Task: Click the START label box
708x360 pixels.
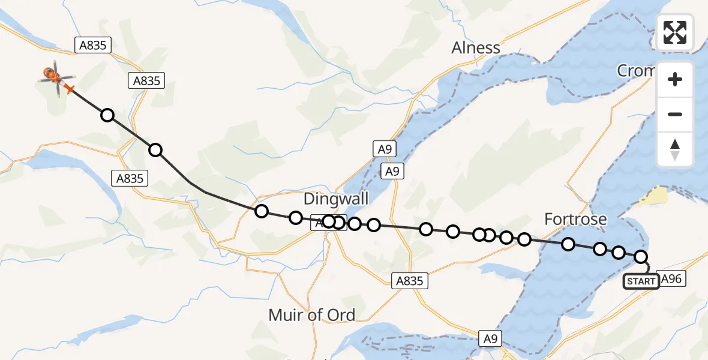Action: point(641,281)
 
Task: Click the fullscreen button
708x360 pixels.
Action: point(675,32)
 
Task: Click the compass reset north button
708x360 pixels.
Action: point(675,149)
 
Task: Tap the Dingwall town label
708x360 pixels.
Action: point(336,199)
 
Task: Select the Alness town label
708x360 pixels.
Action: point(476,47)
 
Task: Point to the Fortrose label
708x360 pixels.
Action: point(575,220)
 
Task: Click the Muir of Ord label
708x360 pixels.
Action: point(311,314)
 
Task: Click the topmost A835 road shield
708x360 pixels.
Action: point(92,45)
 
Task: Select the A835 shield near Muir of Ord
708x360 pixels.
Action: point(410,280)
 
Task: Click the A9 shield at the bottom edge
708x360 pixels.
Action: point(491,339)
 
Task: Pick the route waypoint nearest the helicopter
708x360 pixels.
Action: point(107,115)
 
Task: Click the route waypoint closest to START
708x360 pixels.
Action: point(641,257)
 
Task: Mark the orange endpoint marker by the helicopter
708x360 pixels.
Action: point(69,89)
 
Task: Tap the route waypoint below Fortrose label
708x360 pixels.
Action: point(568,244)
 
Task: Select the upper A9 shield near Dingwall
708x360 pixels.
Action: point(384,149)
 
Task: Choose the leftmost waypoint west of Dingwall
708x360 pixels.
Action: point(261,211)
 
